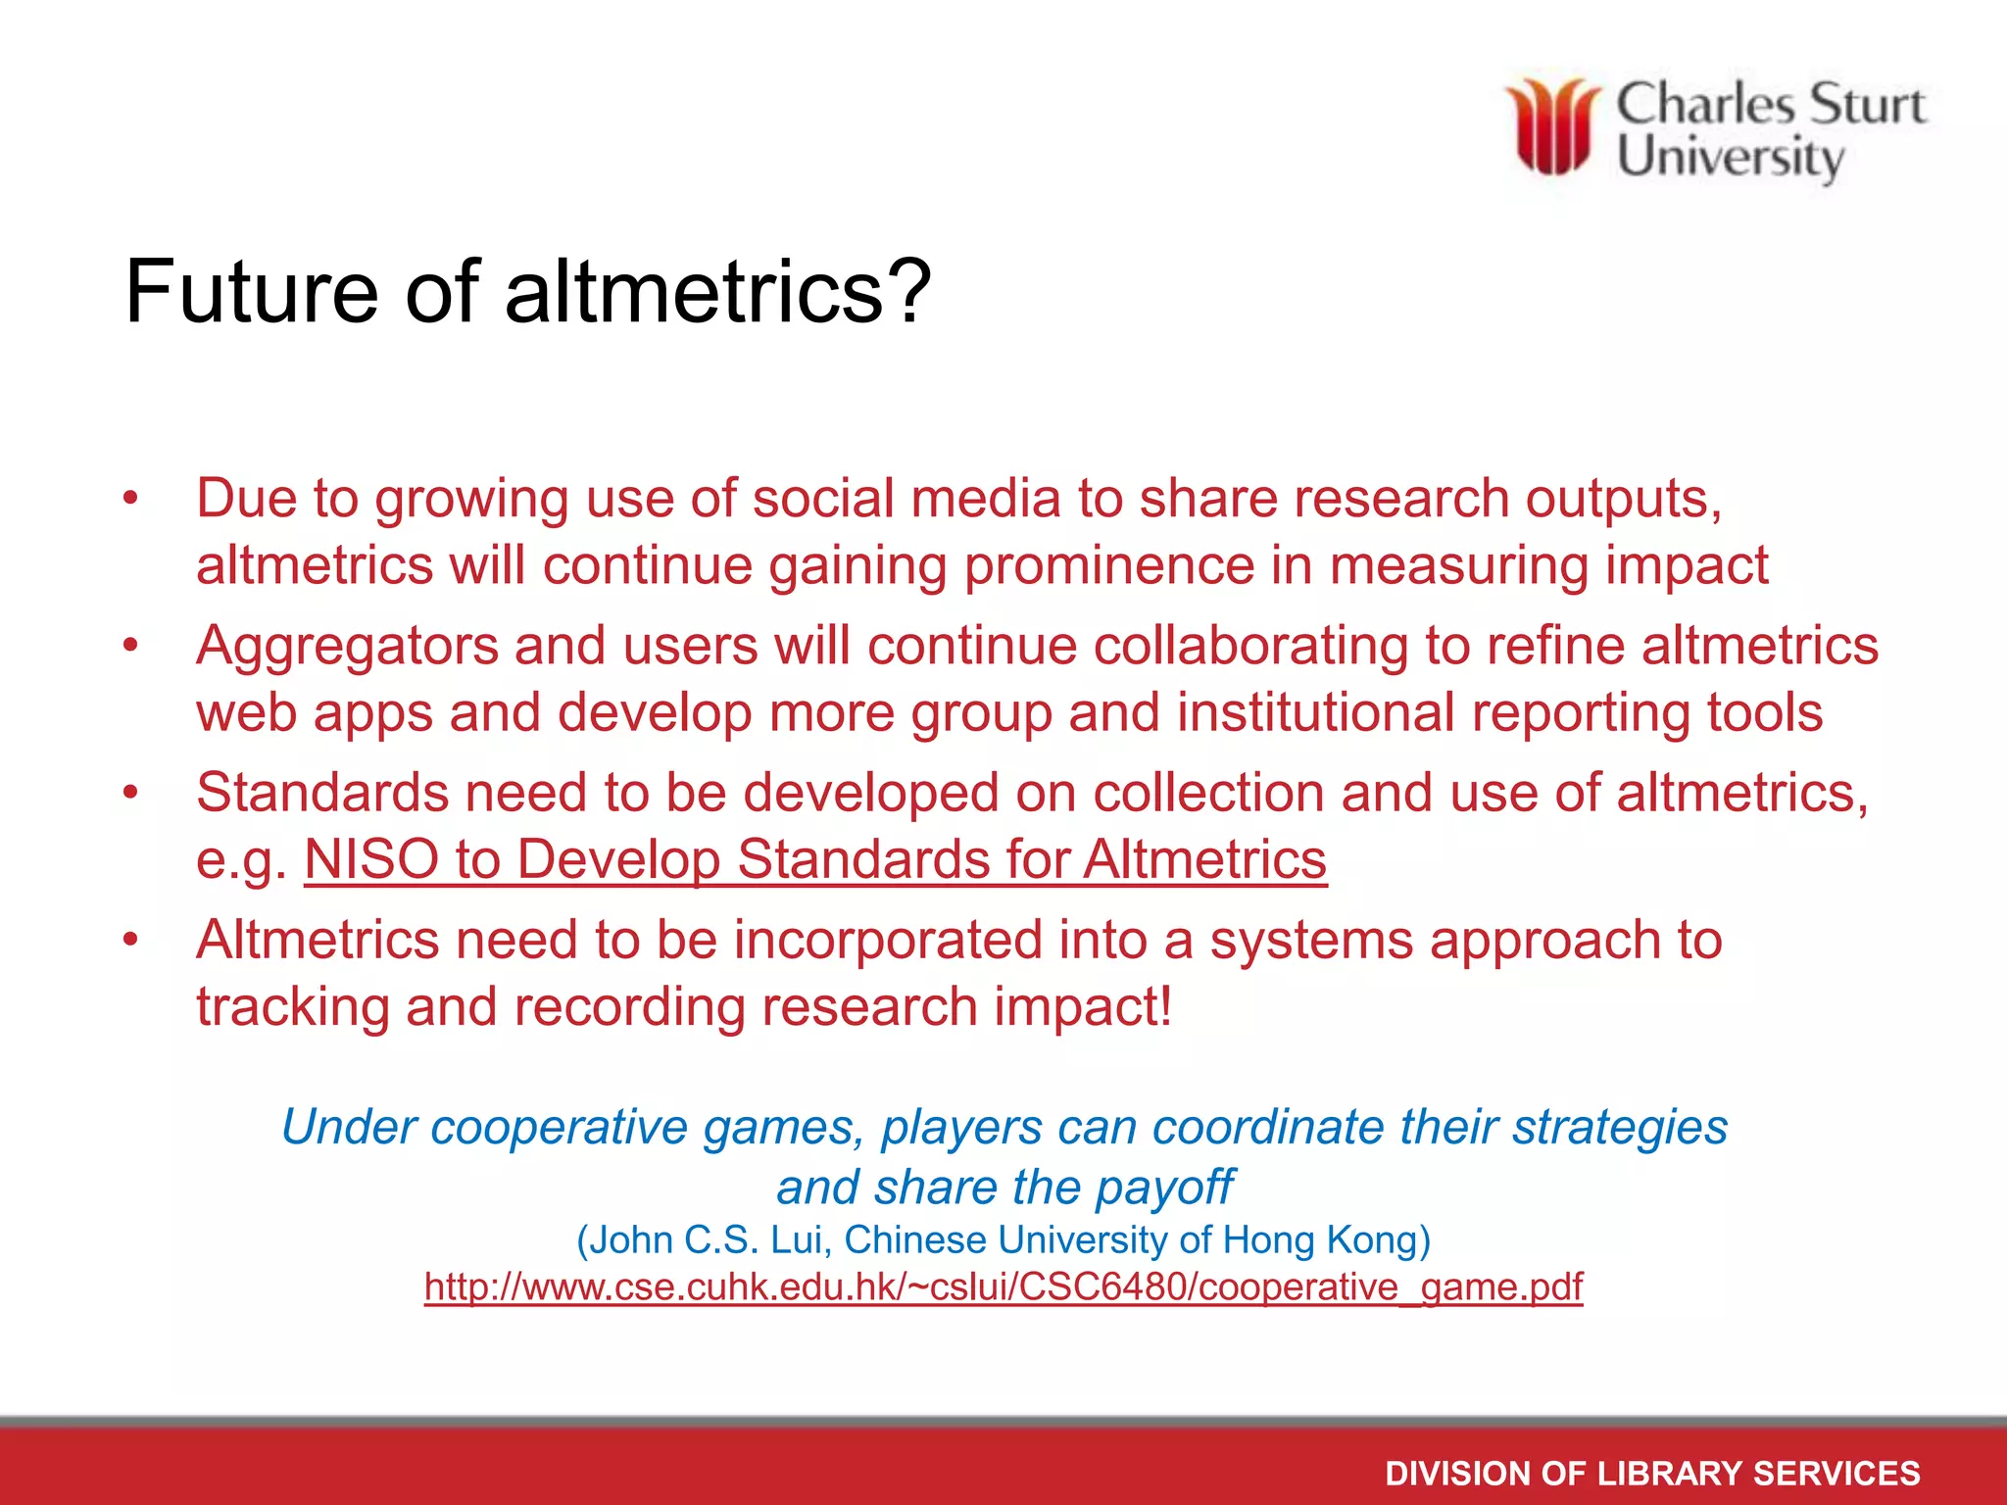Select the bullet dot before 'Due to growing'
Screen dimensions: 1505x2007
coord(131,499)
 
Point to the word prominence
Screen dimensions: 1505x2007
coord(1108,565)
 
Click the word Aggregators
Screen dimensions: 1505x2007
coord(347,647)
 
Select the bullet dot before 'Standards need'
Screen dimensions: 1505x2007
coord(131,793)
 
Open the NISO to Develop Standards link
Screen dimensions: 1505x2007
coord(815,859)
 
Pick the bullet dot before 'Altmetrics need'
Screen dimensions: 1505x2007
coord(131,941)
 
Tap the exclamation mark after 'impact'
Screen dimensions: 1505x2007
coord(1164,1007)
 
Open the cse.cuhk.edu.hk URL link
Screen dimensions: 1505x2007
coord(1003,1287)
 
